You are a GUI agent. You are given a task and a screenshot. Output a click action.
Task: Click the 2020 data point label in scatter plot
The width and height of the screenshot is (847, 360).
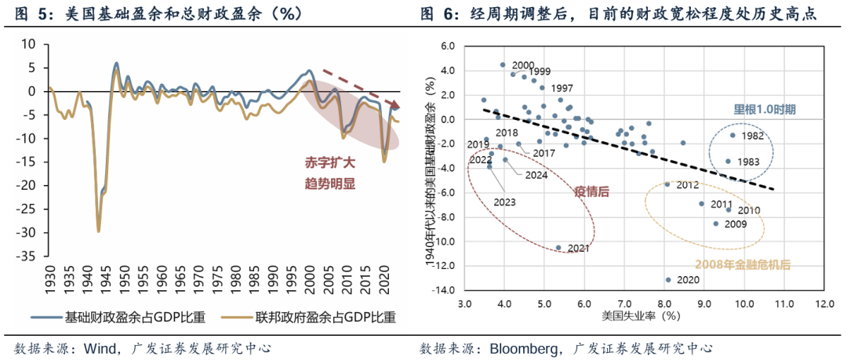click(688, 280)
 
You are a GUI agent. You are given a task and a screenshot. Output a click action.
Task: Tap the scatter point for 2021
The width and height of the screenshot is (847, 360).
click(558, 248)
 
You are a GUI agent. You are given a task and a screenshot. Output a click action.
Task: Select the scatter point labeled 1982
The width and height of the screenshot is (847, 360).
click(732, 135)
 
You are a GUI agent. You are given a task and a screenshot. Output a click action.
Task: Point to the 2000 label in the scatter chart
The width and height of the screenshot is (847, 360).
click(523, 65)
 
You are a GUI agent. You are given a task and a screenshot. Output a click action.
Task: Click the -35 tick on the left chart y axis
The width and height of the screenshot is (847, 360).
click(28, 256)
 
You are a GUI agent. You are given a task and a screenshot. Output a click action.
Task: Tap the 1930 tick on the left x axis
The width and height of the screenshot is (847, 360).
click(51, 279)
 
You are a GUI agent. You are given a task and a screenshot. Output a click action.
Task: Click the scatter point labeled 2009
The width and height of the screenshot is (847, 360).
click(715, 224)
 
